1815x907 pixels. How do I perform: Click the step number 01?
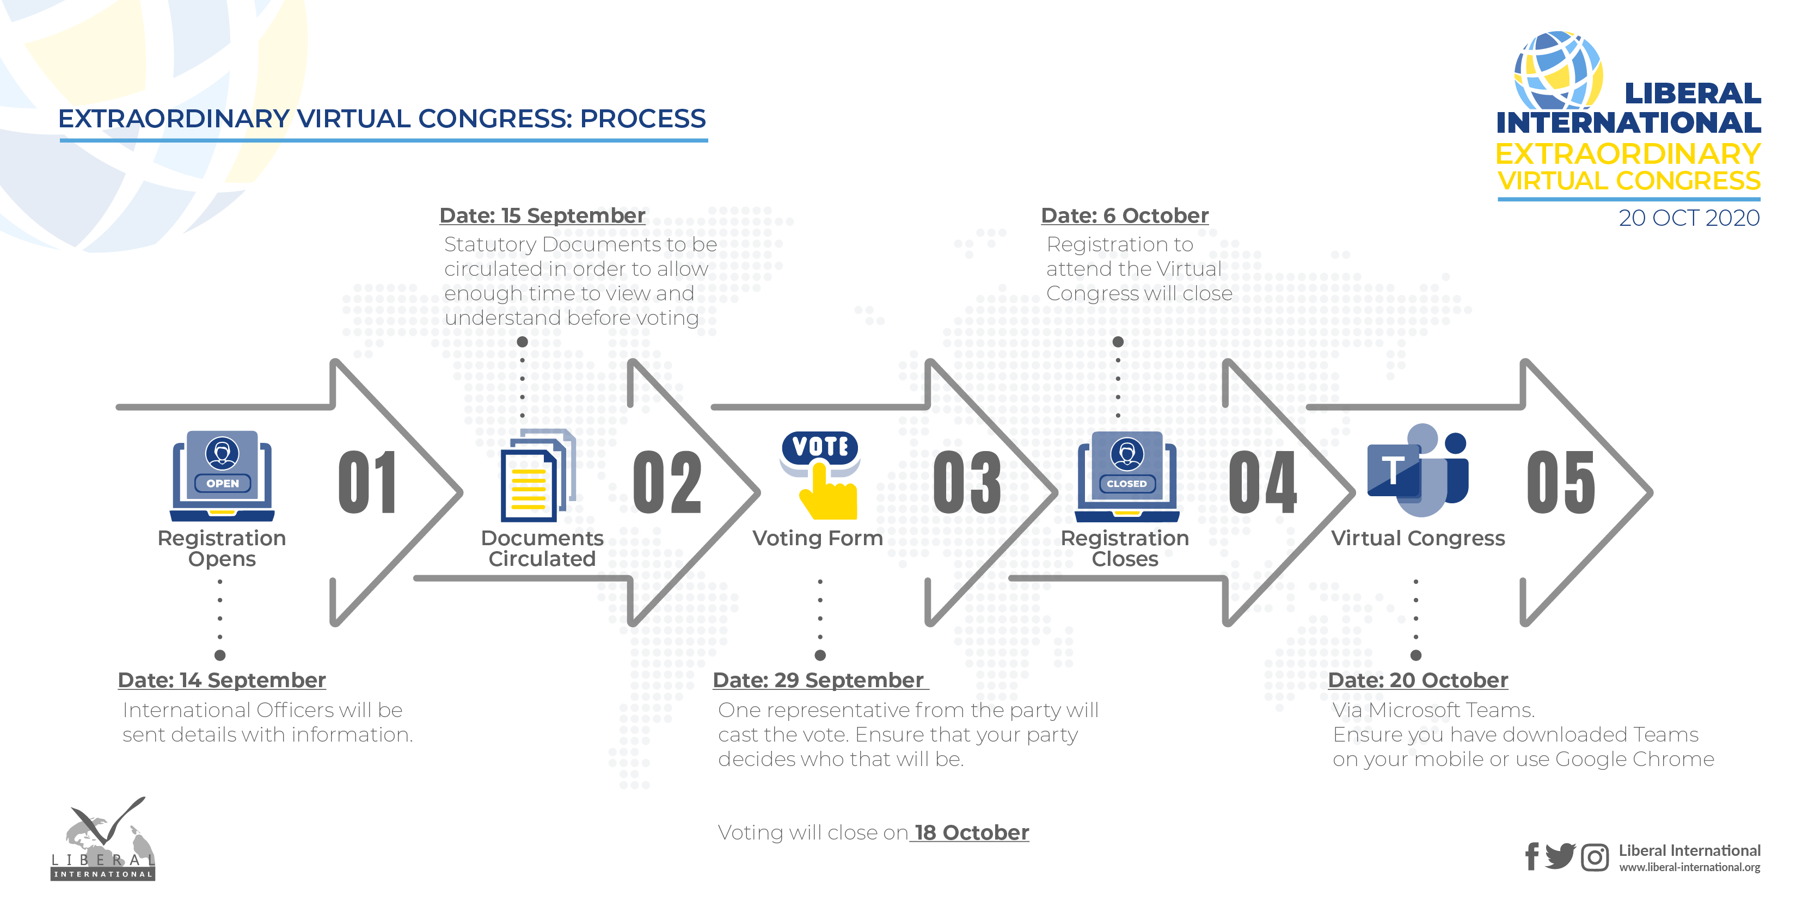[x=366, y=483]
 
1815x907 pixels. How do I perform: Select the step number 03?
[x=967, y=483]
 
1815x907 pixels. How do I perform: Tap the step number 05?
[x=1561, y=483]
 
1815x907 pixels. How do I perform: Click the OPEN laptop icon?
[x=222, y=476]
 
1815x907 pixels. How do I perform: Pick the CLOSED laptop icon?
[x=1127, y=476]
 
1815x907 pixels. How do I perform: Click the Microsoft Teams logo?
[x=1418, y=471]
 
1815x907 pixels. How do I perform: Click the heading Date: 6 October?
[x=1125, y=215]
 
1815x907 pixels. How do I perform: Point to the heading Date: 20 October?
[x=1418, y=680]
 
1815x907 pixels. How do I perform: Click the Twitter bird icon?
[x=1561, y=856]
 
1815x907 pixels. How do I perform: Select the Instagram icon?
[x=1595, y=857]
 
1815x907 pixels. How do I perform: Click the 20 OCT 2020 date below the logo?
[x=1689, y=218]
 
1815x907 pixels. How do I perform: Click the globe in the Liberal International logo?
[x=1559, y=70]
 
